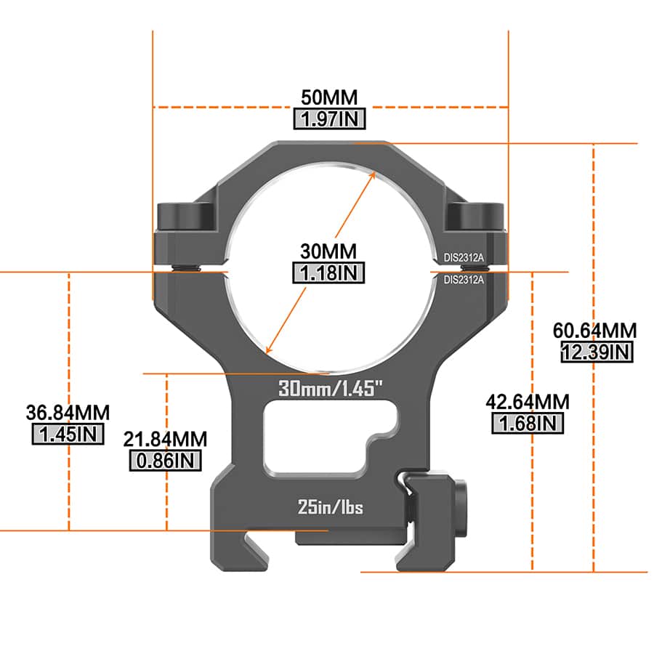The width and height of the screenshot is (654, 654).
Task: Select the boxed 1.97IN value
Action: click(x=330, y=119)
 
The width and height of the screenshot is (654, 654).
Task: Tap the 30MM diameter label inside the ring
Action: click(x=328, y=251)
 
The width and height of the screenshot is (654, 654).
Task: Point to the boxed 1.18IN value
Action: click(x=328, y=273)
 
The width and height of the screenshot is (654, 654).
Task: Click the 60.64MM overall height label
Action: click(x=594, y=331)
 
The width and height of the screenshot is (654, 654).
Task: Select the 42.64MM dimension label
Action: click(x=528, y=402)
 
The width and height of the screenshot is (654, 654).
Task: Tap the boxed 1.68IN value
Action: click(x=528, y=423)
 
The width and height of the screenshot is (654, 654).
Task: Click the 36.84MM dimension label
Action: click(x=68, y=413)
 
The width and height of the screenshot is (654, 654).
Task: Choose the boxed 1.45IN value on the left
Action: click(x=68, y=435)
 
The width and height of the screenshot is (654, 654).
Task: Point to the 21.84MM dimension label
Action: click(x=166, y=439)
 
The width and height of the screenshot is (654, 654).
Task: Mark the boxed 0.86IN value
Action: click(x=166, y=460)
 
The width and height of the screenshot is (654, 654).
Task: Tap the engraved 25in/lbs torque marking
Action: click(x=331, y=507)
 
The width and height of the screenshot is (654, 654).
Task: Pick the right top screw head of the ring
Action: click(x=476, y=216)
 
